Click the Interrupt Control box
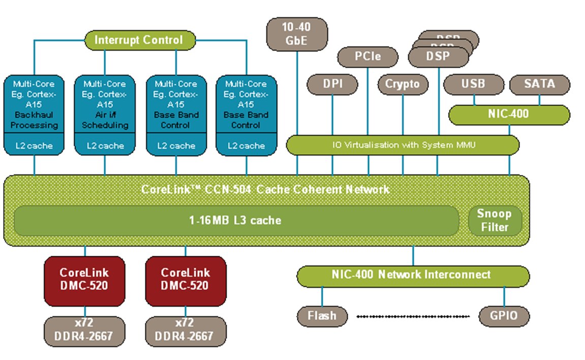click(x=139, y=40)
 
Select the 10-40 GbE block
click(x=297, y=34)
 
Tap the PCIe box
click(x=367, y=56)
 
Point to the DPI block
click(x=332, y=84)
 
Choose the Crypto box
click(x=403, y=84)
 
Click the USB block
click(x=473, y=84)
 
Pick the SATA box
click(x=539, y=84)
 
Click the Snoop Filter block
click(x=495, y=221)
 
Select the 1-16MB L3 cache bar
click(x=236, y=221)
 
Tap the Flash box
click(x=322, y=316)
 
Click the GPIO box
click(x=504, y=316)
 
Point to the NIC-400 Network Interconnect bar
click(x=413, y=275)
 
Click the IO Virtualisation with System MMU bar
click(x=403, y=145)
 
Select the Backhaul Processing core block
click(x=35, y=104)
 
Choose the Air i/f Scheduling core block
click(x=105, y=104)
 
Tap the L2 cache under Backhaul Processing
click(x=35, y=145)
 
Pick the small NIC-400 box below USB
click(x=509, y=114)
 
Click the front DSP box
click(x=438, y=56)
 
